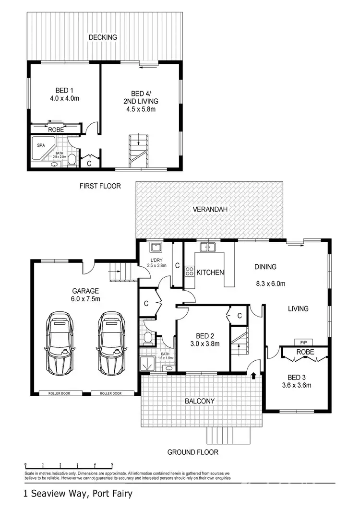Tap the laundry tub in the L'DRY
click(x=156, y=248)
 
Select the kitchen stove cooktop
click(x=189, y=272)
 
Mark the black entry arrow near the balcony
click(x=253, y=377)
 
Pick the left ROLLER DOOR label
click(x=59, y=393)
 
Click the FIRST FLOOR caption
click(x=100, y=186)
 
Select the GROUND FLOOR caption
click(x=192, y=452)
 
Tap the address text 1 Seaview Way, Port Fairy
click(x=77, y=493)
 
